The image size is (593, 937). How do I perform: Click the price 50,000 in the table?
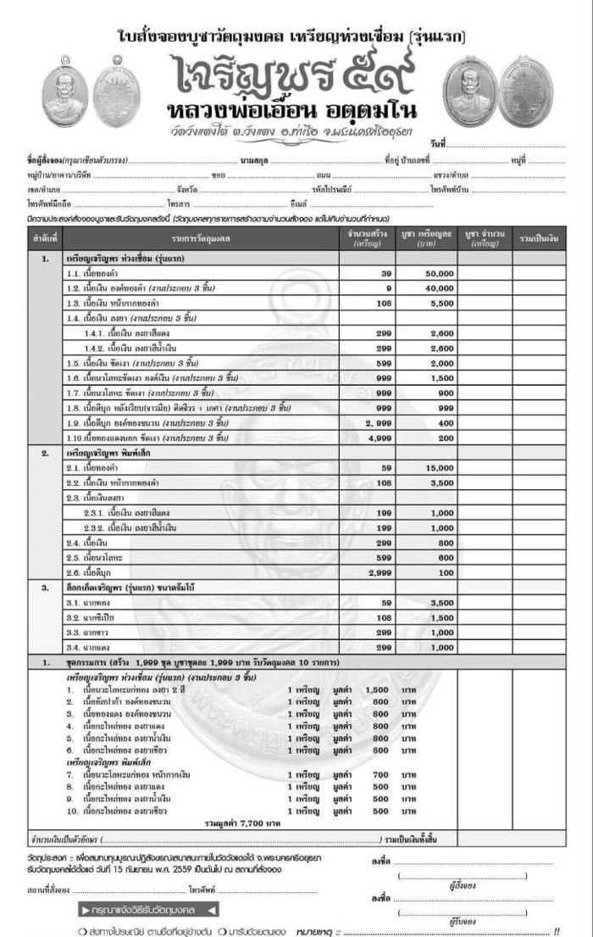click(441, 274)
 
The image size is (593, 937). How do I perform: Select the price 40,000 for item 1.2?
click(441, 288)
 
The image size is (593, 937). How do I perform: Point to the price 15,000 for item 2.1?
click(441, 467)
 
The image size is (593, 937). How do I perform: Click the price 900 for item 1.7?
click(446, 393)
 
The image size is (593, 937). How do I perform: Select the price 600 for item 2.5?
click(446, 556)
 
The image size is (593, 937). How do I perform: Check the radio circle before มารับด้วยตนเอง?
click(223, 930)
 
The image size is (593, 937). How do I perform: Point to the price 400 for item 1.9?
click(446, 422)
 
